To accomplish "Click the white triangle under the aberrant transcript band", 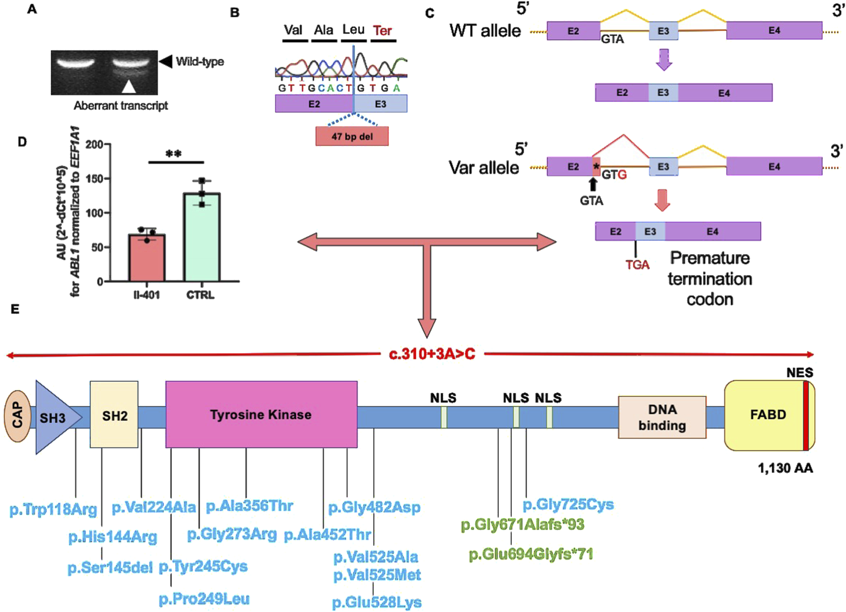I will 129,86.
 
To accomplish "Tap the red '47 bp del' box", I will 352,137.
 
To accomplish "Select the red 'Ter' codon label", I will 382,31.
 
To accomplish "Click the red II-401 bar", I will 147,258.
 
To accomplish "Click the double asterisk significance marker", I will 173,154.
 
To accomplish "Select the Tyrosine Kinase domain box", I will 261,414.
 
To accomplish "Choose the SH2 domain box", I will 114,414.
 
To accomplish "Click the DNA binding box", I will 662,417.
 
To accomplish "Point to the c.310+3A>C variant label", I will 432,354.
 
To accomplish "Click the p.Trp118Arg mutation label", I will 53,509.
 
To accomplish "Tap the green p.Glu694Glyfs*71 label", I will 530,554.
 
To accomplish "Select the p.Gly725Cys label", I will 568,505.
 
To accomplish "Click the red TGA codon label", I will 637,264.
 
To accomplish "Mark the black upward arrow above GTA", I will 592,184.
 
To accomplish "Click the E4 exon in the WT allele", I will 773,31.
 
